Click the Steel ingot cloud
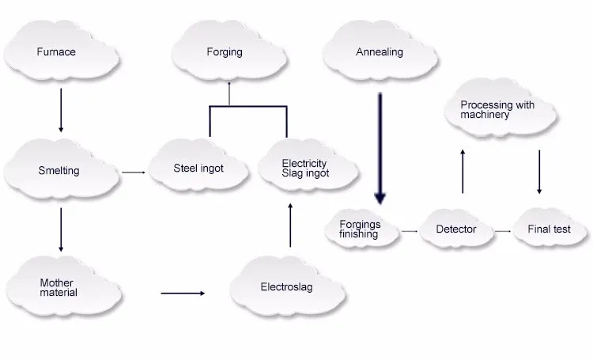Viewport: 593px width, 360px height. [198, 169]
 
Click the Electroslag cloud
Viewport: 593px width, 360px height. [287, 287]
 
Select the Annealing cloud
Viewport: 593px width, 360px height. [380, 52]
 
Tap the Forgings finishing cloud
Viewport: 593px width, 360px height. [361, 229]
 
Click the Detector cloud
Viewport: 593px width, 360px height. [457, 229]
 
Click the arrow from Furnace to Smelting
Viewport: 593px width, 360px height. [62, 110]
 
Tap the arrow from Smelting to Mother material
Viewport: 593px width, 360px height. [62, 230]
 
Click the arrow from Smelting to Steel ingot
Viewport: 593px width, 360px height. [134, 171]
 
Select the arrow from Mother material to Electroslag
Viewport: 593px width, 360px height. [183, 294]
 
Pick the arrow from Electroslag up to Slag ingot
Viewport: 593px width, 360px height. [291, 225]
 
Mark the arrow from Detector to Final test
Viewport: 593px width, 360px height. [503, 230]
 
